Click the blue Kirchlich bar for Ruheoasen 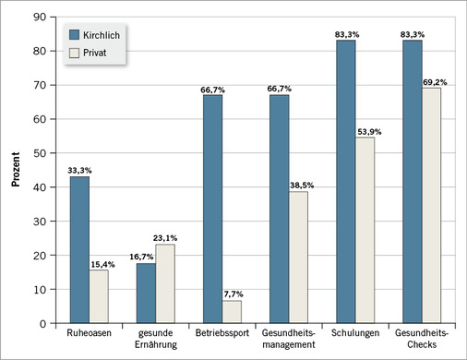tap(80, 249)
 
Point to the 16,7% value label tap(144, 256)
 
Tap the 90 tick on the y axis tap(40, 17)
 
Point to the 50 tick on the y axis tap(40, 152)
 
